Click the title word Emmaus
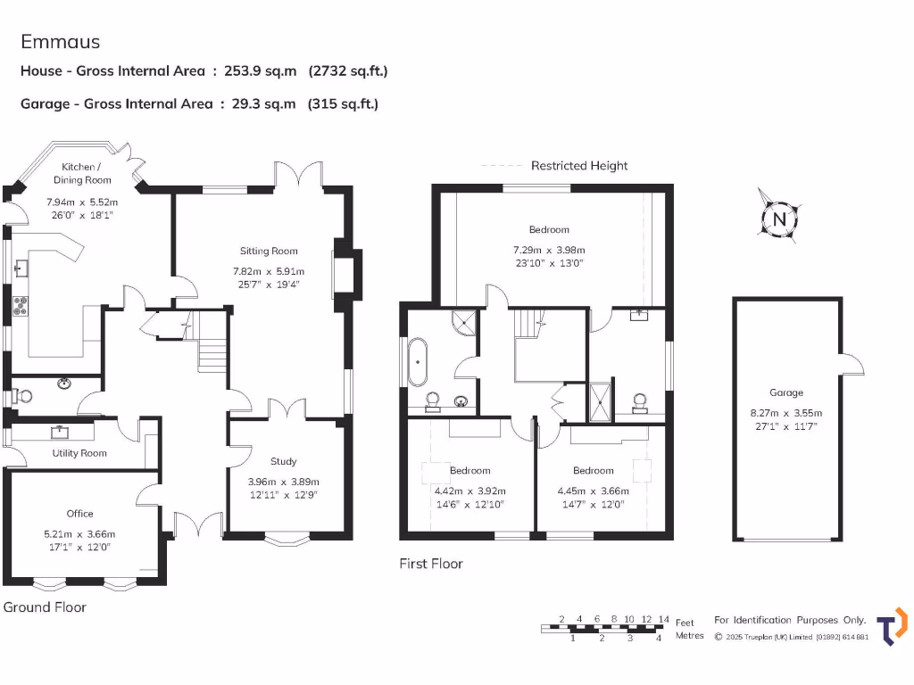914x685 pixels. (61, 42)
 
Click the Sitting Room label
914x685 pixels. (269, 251)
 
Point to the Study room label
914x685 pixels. (283, 461)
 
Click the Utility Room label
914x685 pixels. (79, 453)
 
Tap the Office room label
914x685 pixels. (79, 513)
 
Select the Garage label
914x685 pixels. (786, 392)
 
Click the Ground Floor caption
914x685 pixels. (45, 607)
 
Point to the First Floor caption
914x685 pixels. (431, 564)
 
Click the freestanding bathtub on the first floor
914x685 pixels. (418, 361)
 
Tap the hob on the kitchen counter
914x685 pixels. (20, 309)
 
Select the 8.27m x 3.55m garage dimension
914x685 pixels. (786, 412)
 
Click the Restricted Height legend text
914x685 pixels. (579, 165)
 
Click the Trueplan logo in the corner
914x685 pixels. (892, 625)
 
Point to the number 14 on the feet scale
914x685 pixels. (663, 619)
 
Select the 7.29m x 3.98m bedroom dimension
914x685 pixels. (548, 250)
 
